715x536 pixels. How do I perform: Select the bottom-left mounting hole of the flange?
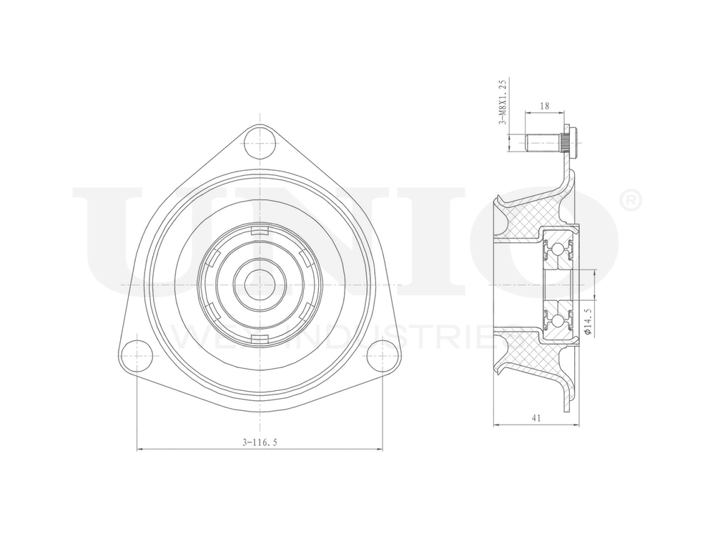[137, 355]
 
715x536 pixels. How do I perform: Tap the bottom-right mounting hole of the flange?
[382, 355]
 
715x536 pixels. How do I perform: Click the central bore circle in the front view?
[258, 284]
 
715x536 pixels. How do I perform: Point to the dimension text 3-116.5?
[259, 442]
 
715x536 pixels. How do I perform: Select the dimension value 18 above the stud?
[545, 106]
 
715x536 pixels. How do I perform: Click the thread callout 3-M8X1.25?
[503, 102]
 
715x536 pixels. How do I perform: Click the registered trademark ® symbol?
[628, 202]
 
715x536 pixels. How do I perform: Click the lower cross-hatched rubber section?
[529, 354]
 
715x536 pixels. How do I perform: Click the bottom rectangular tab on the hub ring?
[259, 338]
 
